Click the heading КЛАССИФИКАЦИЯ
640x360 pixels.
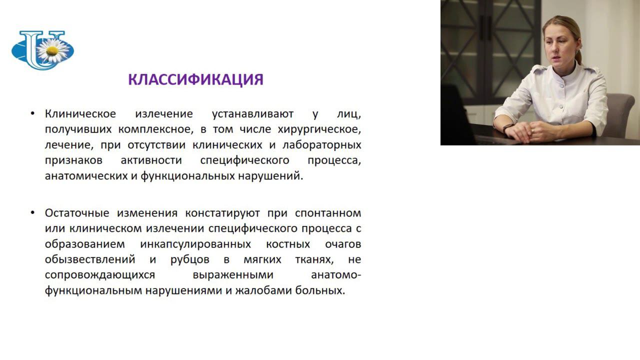click(195, 79)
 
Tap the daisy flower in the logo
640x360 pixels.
click(52, 50)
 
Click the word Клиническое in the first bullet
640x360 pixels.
click(80, 114)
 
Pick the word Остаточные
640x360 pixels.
click(77, 213)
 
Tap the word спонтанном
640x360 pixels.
click(327, 213)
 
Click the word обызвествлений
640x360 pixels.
click(90, 260)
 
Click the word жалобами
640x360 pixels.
click(263, 290)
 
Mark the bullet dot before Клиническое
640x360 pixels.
click(33, 114)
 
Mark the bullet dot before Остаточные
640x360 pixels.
click(33, 213)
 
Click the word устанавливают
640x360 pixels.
click(252, 114)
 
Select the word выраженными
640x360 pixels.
click(233, 275)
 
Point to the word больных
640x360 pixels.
click(320, 290)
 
